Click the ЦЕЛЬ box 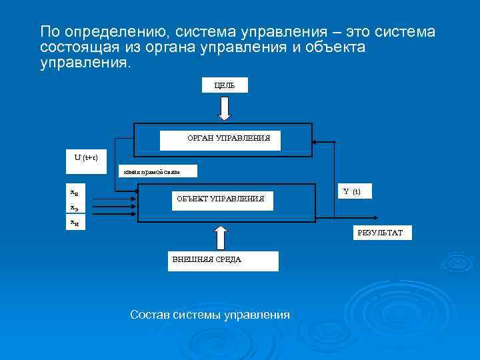225,85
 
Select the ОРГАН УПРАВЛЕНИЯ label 220,139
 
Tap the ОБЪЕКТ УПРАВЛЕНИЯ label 219,199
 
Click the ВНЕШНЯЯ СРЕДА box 222,260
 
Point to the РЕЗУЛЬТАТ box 381,232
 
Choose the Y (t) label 351,191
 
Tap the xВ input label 75,192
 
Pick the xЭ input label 75,207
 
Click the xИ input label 75,223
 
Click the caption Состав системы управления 210,315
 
